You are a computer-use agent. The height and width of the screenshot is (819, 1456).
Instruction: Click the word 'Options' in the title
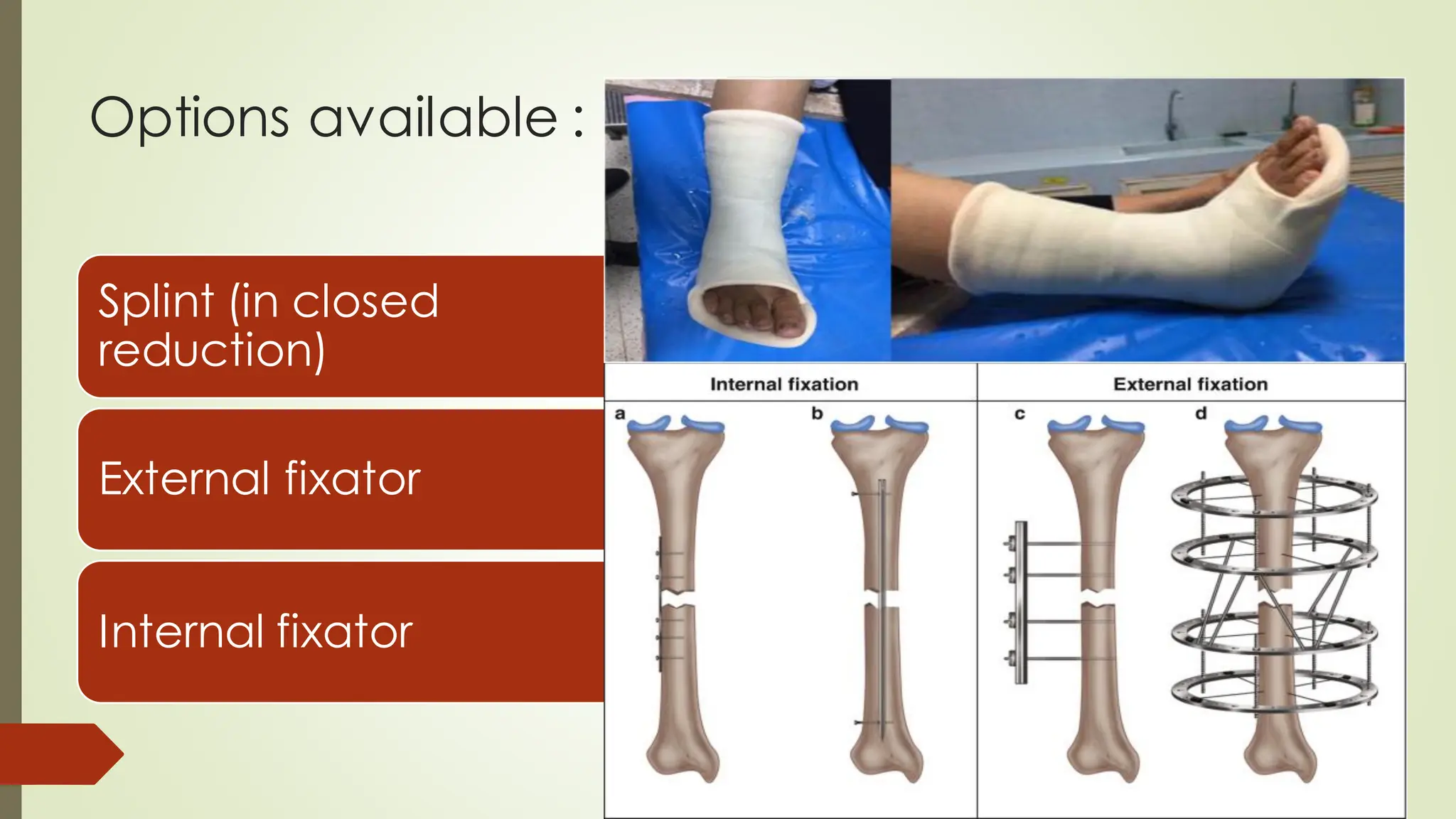pos(189,118)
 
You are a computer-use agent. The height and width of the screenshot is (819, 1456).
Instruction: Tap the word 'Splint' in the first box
pos(156,301)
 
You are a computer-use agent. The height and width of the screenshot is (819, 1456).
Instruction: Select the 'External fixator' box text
pos(260,478)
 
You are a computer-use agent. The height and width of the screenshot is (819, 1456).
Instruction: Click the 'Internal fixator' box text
pos(255,631)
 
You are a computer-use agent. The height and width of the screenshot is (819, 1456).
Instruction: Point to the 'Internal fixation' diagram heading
pos(784,385)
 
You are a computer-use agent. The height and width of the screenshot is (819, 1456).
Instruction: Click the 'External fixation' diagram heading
pos(1190,385)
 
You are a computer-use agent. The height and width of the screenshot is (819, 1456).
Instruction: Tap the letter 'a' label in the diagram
pos(620,414)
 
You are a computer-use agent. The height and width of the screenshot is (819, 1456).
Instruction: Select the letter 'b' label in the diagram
pos(817,414)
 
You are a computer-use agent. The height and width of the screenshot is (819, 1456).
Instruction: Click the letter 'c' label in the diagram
pos(1019,414)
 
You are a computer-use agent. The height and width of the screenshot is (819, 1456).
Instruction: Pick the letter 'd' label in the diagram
pos(1201,414)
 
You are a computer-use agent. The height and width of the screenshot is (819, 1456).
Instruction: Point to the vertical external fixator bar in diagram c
pos(1021,603)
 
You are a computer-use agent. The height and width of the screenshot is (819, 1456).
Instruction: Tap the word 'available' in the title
pos(434,118)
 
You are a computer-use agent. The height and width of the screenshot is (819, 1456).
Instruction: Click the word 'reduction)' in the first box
pos(212,350)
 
